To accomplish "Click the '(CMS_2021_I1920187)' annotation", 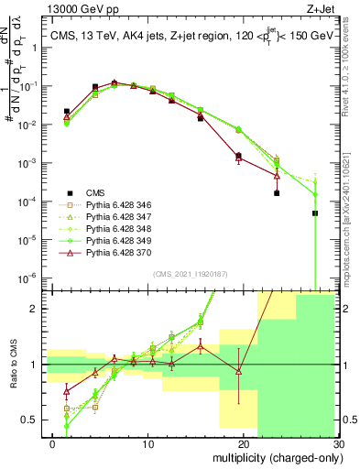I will coord(191,275).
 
